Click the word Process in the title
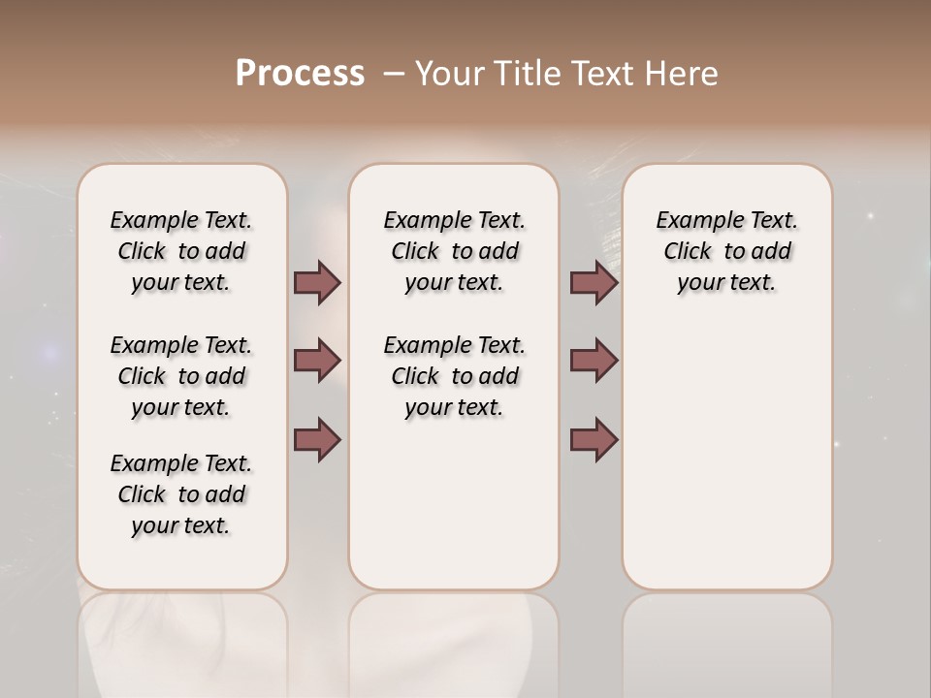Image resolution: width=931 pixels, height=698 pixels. point(300,74)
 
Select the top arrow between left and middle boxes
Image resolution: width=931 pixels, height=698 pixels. point(318,283)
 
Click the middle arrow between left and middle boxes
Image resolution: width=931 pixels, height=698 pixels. point(318,361)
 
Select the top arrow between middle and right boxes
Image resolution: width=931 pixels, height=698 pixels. point(594,283)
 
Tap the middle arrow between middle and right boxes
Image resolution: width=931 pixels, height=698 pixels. point(594,361)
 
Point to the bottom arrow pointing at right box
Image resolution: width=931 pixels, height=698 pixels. point(594,440)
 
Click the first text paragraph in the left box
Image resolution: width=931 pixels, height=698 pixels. point(181,251)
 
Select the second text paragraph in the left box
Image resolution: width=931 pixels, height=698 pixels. point(181,376)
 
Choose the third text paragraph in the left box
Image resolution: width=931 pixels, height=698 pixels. point(181,494)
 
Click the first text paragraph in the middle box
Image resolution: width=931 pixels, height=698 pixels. point(454,251)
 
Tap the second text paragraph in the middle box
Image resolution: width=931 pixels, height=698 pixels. point(454,376)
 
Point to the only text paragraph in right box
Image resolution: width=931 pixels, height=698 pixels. point(726,251)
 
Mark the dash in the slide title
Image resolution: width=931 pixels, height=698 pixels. point(394,74)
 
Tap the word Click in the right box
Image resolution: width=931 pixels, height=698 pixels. point(688,252)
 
